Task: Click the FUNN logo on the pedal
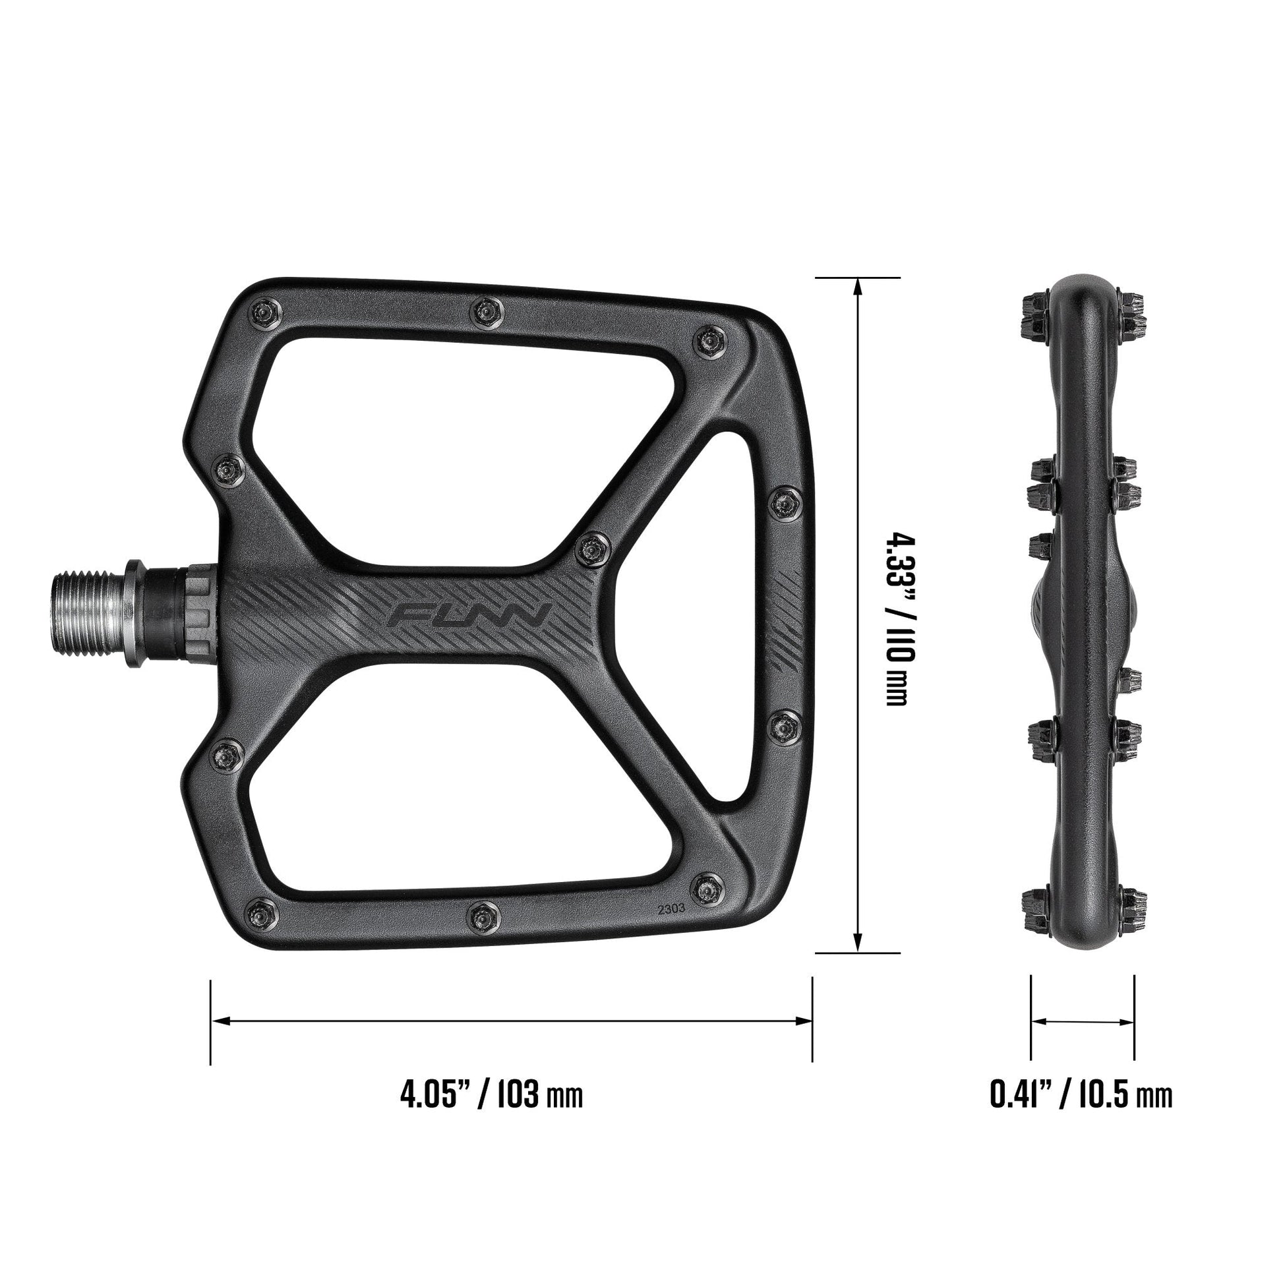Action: coord(469,615)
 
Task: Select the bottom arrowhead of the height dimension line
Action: coord(857,942)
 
